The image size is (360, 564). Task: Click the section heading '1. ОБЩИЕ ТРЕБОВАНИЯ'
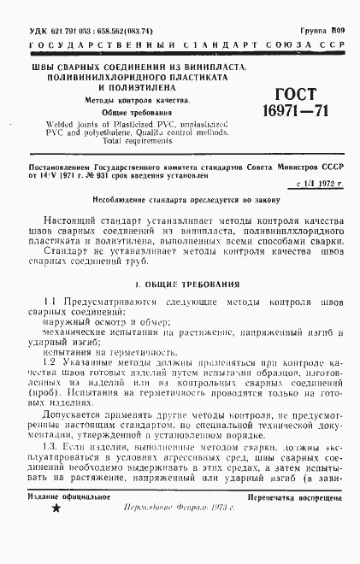pos(180,283)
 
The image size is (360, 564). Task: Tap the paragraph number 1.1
pos(49,303)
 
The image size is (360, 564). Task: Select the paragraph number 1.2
pos(49,361)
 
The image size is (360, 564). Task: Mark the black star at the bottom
pos(57,532)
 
